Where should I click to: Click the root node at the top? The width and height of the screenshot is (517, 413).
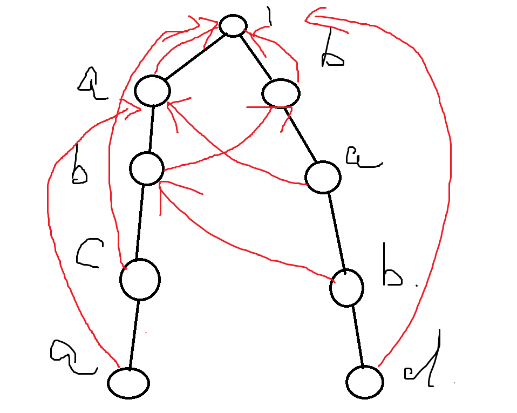233,25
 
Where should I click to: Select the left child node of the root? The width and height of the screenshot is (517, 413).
153,91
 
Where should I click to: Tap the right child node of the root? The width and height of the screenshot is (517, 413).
281,93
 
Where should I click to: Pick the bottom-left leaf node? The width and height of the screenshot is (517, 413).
128,383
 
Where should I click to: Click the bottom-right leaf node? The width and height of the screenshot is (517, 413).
365,382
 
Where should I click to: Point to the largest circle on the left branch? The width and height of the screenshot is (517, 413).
140,279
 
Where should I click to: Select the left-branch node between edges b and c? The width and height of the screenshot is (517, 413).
146,168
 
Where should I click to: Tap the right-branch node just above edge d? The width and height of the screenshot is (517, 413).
346,287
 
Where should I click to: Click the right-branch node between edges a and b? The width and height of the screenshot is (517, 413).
323,177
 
